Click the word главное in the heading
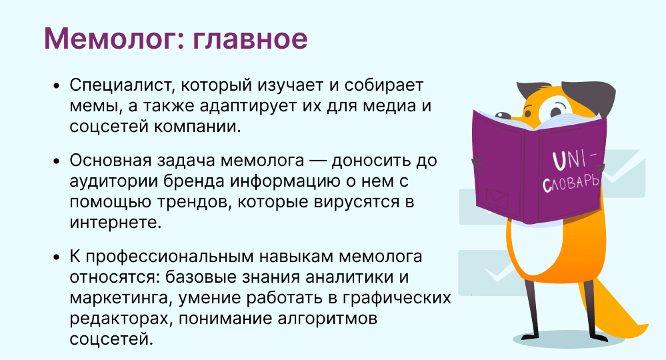pyautogui.click(x=250, y=39)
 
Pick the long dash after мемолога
pyautogui.click(x=318, y=161)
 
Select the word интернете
pyautogui.click(x=115, y=222)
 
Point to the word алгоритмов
pyautogui.click(x=327, y=318)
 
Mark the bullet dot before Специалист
pyautogui.click(x=57, y=86)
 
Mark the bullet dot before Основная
pyautogui.click(x=57, y=161)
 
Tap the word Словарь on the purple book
pyautogui.click(x=571, y=183)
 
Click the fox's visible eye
pyautogui.click(x=555, y=111)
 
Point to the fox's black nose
pyautogui.click(x=503, y=115)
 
